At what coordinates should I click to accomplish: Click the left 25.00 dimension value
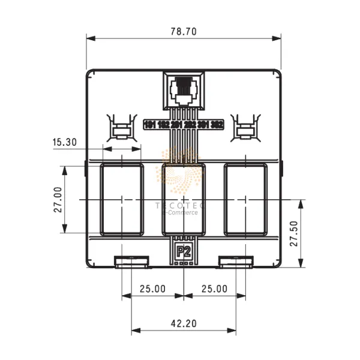click(152, 289)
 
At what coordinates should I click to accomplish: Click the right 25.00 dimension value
click(214, 289)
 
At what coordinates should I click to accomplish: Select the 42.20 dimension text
click(184, 323)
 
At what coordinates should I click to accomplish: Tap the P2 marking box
click(184, 251)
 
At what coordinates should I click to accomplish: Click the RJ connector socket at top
click(184, 89)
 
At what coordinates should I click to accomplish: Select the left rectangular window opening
click(122, 199)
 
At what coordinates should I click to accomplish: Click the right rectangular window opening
click(245, 199)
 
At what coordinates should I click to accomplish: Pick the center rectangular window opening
click(184, 199)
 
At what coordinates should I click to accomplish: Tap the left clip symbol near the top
click(122, 128)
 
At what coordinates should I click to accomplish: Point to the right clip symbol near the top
click(245, 128)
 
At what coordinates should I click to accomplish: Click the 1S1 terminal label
click(150, 125)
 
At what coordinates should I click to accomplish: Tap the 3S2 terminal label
click(218, 125)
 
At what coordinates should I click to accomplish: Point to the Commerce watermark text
click(185, 213)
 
